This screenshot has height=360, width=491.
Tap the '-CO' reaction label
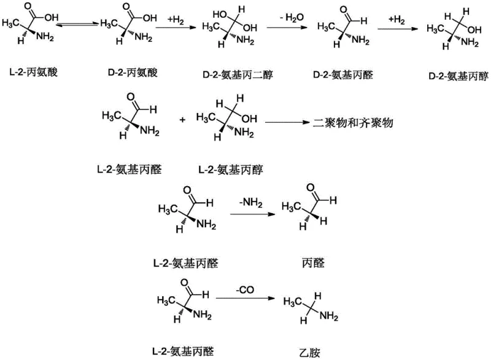coord(245,286)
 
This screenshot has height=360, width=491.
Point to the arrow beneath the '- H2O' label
coord(287,28)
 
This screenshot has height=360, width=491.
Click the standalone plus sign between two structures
coord(182,120)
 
